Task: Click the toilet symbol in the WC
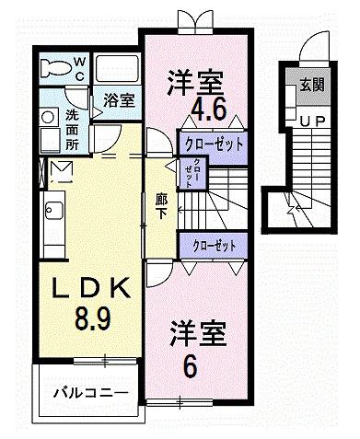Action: pyautogui.click(x=57, y=67)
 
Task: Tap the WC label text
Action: pyautogui.click(x=79, y=66)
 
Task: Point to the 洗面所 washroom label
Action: pyautogui.click(x=73, y=130)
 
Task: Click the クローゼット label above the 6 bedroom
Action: pyautogui.click(x=215, y=245)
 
